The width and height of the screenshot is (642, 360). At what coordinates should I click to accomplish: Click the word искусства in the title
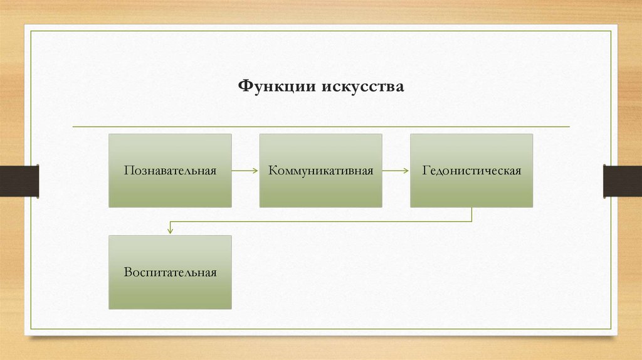[x=363, y=85]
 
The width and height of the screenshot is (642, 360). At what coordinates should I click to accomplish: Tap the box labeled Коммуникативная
[x=320, y=188]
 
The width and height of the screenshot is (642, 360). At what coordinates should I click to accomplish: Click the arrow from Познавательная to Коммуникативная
[x=245, y=171]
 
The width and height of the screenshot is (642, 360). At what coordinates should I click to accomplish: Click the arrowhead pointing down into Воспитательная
[x=170, y=231]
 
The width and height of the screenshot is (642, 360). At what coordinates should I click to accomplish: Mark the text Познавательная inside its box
[x=170, y=171]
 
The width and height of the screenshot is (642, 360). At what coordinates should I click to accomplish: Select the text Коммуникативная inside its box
[x=320, y=171]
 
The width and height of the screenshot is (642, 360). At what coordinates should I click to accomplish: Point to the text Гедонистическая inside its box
[x=471, y=171]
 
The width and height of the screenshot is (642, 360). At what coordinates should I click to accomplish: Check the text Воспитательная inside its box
[x=170, y=272]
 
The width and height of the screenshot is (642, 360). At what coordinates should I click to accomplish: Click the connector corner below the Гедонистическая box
[x=471, y=221]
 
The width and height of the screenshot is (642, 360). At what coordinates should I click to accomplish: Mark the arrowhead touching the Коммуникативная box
[x=256, y=171]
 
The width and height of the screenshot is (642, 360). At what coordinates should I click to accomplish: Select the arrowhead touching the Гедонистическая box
[x=407, y=171]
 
